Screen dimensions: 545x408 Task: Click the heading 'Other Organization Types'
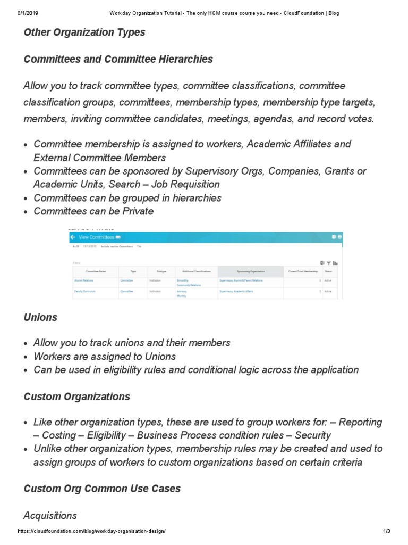point(84,32)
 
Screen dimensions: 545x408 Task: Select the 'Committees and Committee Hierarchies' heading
point(118,59)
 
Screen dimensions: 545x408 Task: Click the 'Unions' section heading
point(40,317)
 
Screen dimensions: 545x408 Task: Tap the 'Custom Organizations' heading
point(76,397)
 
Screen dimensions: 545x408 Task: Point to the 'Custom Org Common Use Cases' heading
point(102,488)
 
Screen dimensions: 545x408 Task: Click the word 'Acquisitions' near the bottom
point(50,515)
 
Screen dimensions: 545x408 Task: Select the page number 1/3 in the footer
point(386,532)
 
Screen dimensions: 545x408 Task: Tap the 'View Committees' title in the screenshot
point(96,237)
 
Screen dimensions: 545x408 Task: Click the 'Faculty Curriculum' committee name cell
point(84,292)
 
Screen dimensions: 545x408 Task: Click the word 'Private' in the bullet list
point(137,211)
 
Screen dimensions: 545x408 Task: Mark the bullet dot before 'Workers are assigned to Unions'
point(27,357)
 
